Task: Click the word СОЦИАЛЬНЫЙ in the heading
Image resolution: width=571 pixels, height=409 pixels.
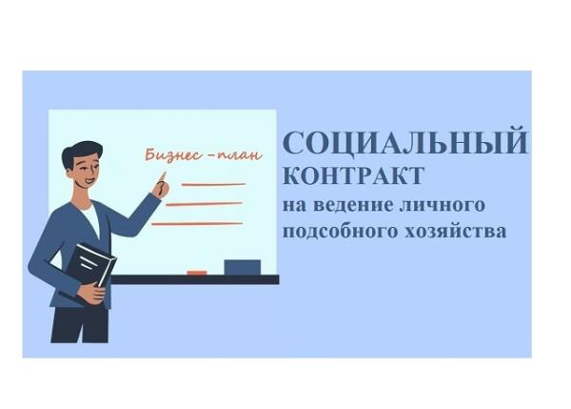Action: coord(405,140)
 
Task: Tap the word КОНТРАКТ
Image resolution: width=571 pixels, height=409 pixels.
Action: coord(354,175)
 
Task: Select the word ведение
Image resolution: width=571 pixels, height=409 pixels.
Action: coord(353,205)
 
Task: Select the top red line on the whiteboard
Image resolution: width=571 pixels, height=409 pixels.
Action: coord(213,185)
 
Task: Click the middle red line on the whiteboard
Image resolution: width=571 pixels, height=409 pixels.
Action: coord(205,204)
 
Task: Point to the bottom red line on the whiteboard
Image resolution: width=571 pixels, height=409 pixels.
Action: coord(197,224)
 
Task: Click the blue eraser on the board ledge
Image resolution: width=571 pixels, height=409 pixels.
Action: coord(242,268)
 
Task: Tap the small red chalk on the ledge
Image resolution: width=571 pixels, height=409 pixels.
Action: coord(197,273)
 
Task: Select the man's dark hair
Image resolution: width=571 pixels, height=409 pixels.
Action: coord(80,155)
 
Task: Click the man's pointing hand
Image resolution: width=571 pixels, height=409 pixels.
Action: coord(161,185)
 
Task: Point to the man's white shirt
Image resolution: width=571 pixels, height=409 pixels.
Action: coord(90,219)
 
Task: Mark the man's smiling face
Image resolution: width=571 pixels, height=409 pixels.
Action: coord(86,173)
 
